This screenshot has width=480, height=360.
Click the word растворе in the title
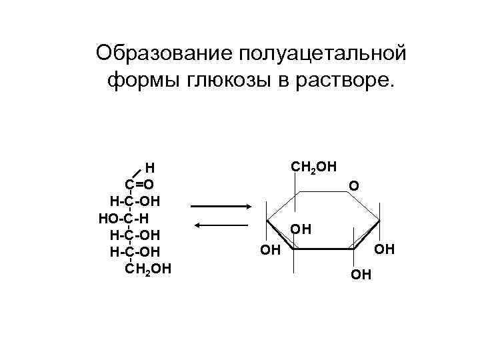[348, 81]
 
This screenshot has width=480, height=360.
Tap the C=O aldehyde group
[139, 184]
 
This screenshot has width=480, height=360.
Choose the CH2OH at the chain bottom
[148, 268]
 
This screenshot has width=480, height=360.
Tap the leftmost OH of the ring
[269, 251]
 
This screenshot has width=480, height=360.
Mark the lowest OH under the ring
[363, 274]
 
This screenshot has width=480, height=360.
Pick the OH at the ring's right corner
[385, 249]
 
